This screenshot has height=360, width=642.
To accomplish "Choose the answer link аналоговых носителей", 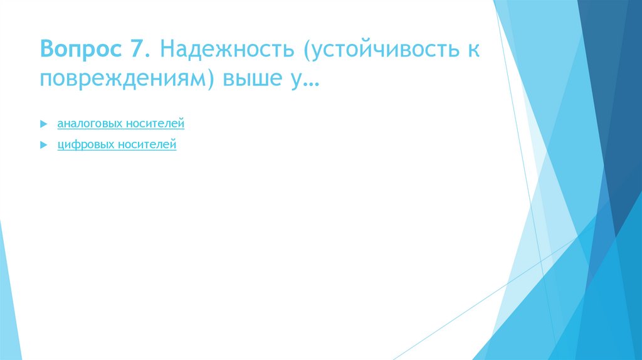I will [x=121, y=124].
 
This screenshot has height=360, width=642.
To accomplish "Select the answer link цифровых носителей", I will [x=117, y=145].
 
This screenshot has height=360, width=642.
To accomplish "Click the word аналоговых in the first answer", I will [x=88, y=124].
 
